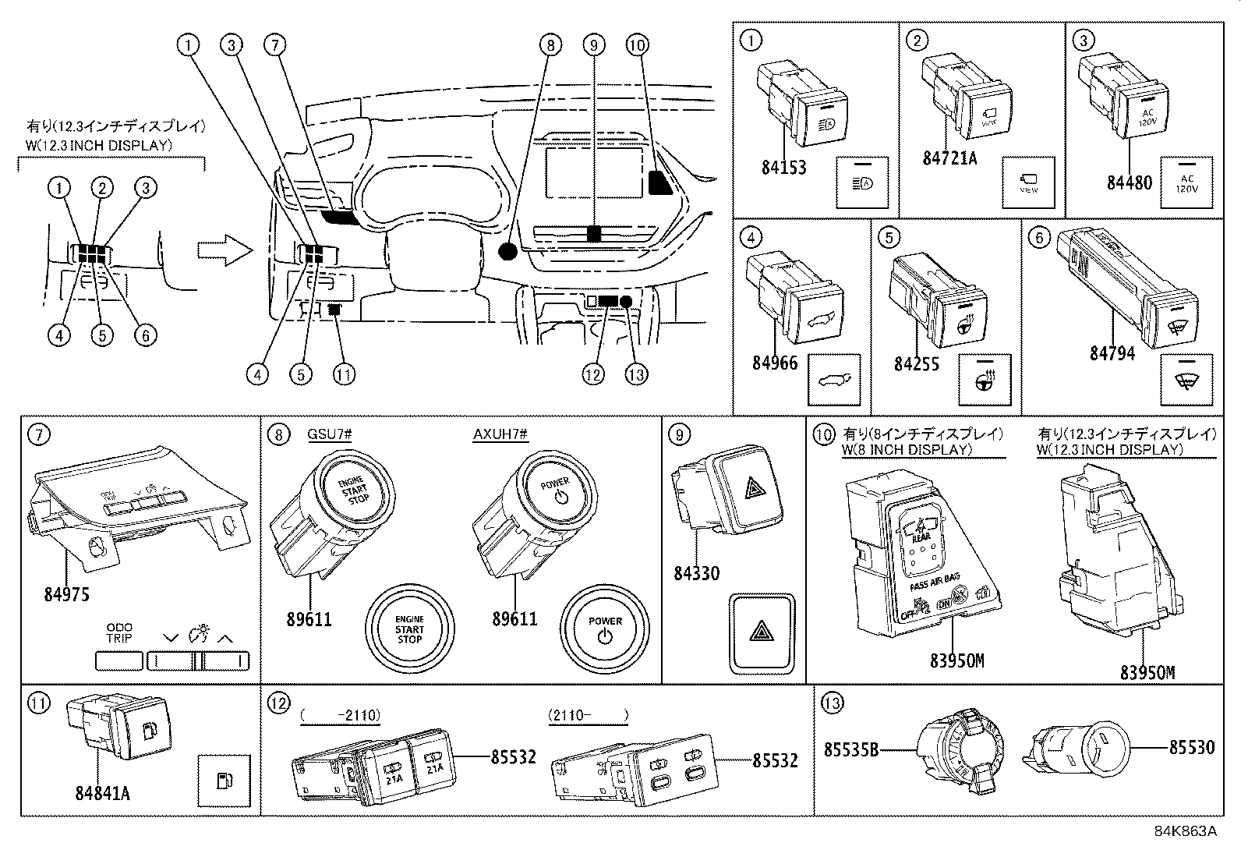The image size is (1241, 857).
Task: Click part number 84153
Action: click(783, 168)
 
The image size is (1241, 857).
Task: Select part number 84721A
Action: click(949, 158)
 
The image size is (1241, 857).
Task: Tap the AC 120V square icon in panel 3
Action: click(1186, 182)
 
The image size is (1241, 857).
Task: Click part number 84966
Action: click(775, 363)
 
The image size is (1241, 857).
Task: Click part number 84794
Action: click(1112, 354)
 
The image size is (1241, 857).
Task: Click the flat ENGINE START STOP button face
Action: click(409, 629)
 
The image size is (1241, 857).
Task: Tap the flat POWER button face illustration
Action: click(606, 629)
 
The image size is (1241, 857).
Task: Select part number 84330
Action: click(696, 574)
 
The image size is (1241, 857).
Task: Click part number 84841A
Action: click(102, 793)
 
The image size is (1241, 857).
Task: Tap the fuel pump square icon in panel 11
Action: click(224, 781)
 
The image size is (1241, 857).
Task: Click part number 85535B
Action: click(851, 750)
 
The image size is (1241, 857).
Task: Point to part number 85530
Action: click(1191, 748)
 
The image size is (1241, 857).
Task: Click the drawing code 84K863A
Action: click(1185, 831)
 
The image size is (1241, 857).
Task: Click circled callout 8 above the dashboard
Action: click(550, 45)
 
